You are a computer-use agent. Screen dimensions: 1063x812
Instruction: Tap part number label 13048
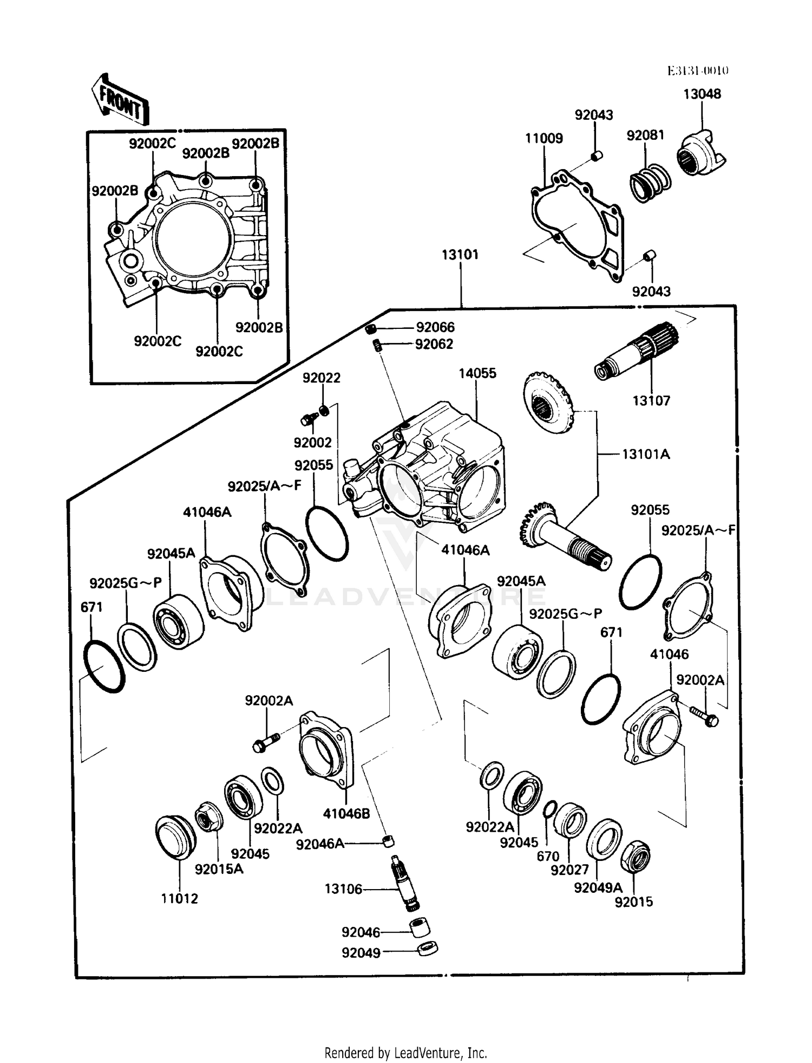point(702,94)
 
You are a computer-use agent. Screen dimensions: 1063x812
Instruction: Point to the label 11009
point(543,138)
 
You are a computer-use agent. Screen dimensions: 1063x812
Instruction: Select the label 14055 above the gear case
point(477,373)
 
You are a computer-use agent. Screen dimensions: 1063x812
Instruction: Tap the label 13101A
point(645,454)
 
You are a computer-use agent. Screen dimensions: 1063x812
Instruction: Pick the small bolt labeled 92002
point(310,419)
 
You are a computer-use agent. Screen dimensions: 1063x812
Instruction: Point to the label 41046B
point(346,813)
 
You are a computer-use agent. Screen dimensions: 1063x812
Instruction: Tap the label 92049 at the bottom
point(361,952)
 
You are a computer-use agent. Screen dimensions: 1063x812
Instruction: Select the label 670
point(547,857)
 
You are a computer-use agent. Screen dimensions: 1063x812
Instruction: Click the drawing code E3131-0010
point(697,70)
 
